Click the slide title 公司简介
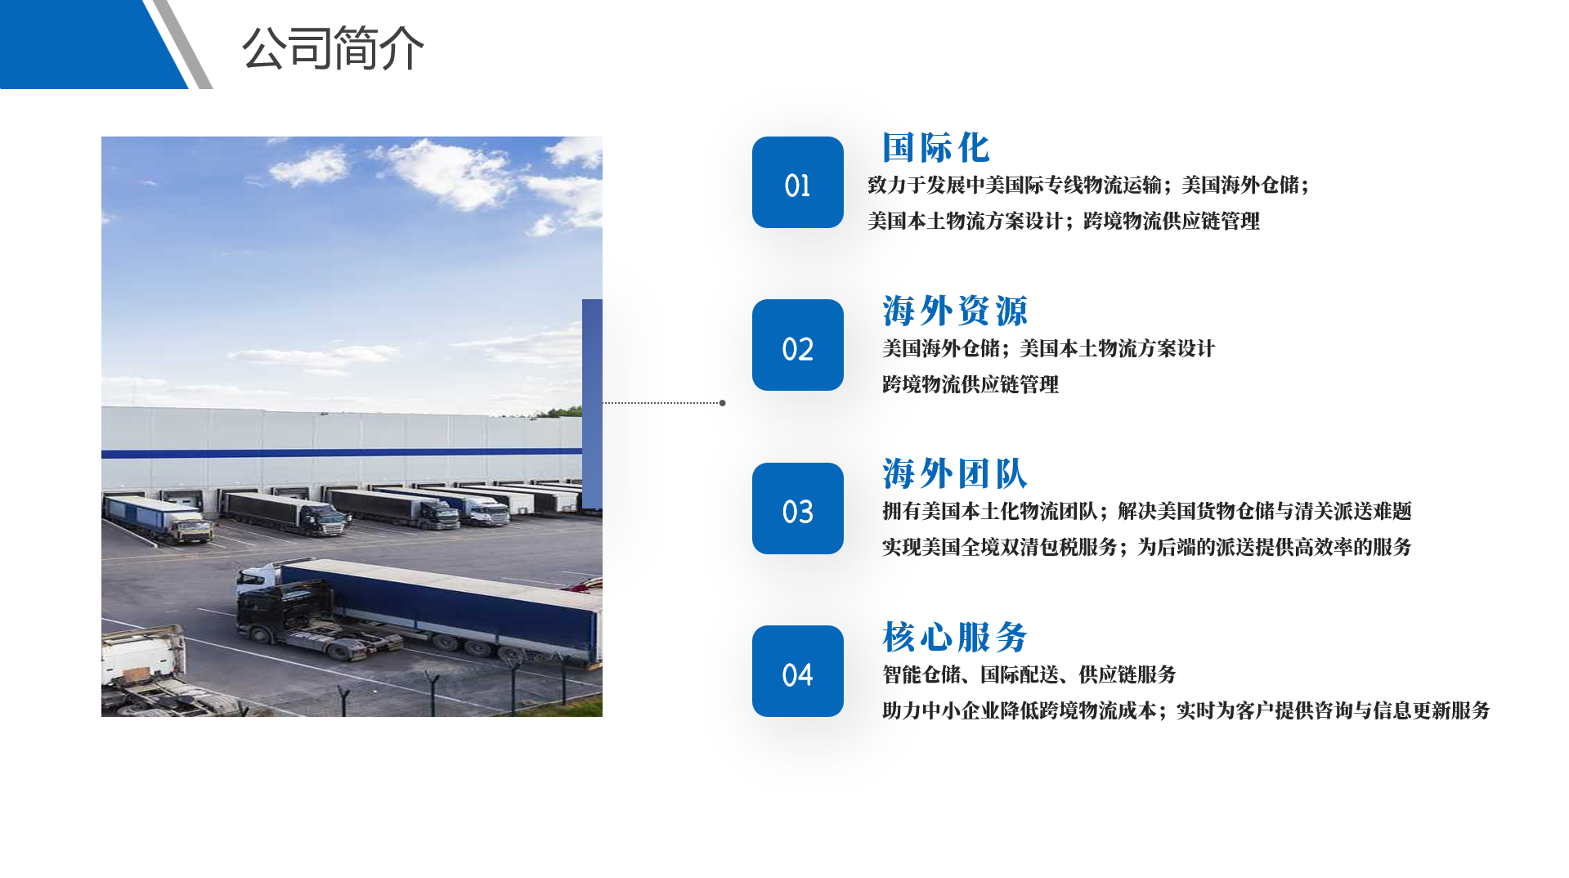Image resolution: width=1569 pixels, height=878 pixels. coord(333,48)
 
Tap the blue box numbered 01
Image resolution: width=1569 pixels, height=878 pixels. coord(797,182)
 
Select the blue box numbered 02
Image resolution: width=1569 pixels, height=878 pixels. coord(797,345)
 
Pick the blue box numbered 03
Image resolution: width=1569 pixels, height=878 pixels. coord(797,508)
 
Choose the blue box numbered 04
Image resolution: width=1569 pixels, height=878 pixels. coord(797,671)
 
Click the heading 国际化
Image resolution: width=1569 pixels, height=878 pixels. coord(936,148)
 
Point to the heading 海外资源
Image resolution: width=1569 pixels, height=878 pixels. coord(955,311)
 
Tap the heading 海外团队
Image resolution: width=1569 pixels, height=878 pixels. coord(955,474)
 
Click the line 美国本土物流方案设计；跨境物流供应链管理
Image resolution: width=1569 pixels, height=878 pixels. coord(1064,221)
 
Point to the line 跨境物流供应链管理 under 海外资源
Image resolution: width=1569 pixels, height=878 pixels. coord(971,384)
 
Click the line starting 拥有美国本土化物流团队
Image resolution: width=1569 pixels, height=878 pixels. coord(1147,511)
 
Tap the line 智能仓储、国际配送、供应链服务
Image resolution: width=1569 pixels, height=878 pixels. coord(1029,674)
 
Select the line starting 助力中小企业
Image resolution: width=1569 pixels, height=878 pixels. coord(1186,710)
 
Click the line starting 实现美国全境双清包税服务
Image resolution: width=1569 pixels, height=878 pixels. coord(1147,547)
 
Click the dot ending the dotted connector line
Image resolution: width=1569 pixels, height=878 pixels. coord(722,403)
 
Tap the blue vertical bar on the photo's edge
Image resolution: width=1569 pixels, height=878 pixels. coord(592,404)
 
